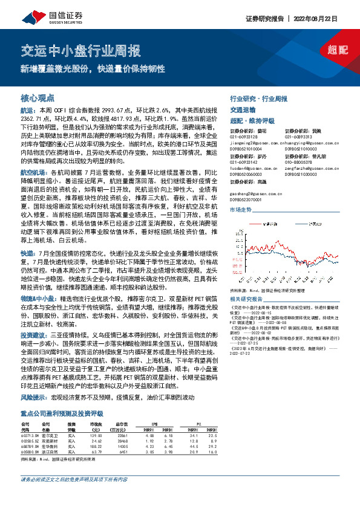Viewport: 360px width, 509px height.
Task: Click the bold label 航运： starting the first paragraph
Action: click(x=28, y=111)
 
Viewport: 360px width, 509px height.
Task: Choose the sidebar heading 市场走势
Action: click(x=241, y=209)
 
